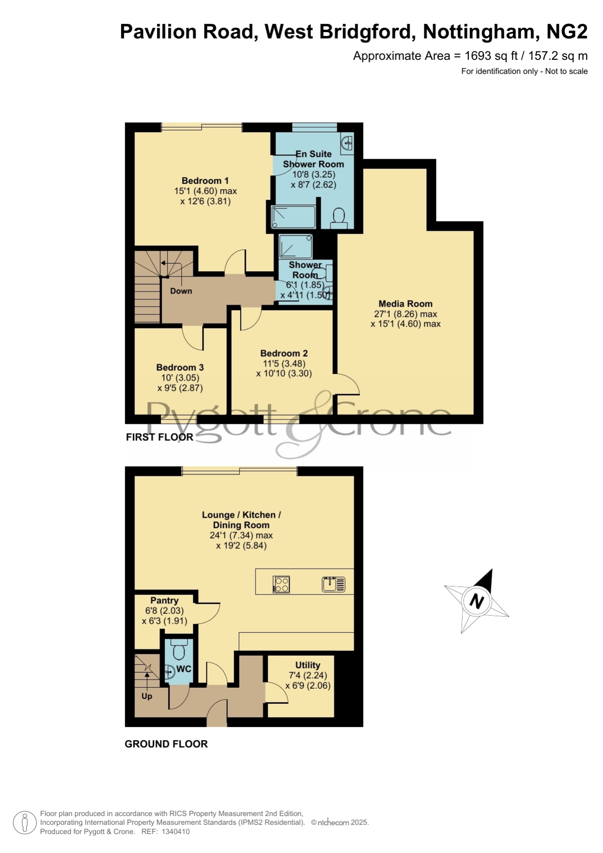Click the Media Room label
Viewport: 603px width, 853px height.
(405, 304)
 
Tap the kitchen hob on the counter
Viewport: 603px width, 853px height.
(281, 584)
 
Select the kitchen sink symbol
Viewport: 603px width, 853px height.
(333, 584)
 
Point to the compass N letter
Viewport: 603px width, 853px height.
(477, 601)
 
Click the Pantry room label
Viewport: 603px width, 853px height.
(164, 601)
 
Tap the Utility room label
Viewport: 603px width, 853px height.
(308, 665)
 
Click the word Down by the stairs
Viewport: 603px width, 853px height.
(181, 291)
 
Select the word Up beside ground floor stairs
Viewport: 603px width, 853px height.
(147, 696)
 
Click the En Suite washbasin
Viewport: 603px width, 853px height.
(347, 143)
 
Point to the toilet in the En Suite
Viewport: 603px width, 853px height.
(339, 218)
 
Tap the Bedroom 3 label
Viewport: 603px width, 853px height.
(180, 367)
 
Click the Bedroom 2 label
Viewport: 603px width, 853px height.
(284, 353)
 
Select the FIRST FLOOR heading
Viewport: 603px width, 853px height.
(159, 437)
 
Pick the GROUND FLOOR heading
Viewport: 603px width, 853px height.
(166, 744)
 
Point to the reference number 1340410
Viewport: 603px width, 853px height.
(175, 832)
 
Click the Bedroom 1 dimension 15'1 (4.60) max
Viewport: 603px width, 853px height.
(206, 191)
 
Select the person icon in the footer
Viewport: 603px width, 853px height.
(24, 823)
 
